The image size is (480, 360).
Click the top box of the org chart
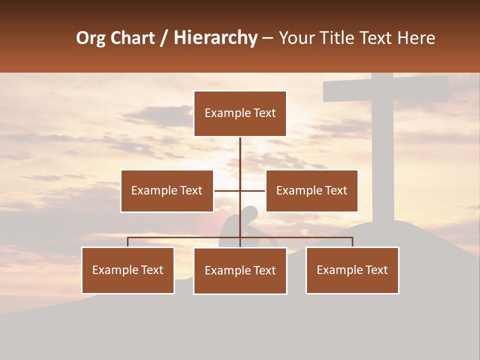[x=240, y=113]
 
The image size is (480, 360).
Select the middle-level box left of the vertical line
[x=166, y=190]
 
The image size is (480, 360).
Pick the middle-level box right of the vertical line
[x=311, y=190]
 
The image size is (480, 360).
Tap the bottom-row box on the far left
[x=127, y=270]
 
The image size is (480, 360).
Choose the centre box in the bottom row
[x=240, y=270]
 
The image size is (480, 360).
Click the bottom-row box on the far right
[x=352, y=270]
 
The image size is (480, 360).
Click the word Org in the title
[x=90, y=38]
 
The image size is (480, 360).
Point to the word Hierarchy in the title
[x=215, y=38]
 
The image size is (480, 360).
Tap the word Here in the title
[x=416, y=38]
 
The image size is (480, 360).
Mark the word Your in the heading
[x=297, y=38]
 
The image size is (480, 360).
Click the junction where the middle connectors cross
[x=240, y=190]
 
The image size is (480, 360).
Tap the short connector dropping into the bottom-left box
[x=127, y=242]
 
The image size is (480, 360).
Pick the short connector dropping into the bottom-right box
[x=352, y=242]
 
